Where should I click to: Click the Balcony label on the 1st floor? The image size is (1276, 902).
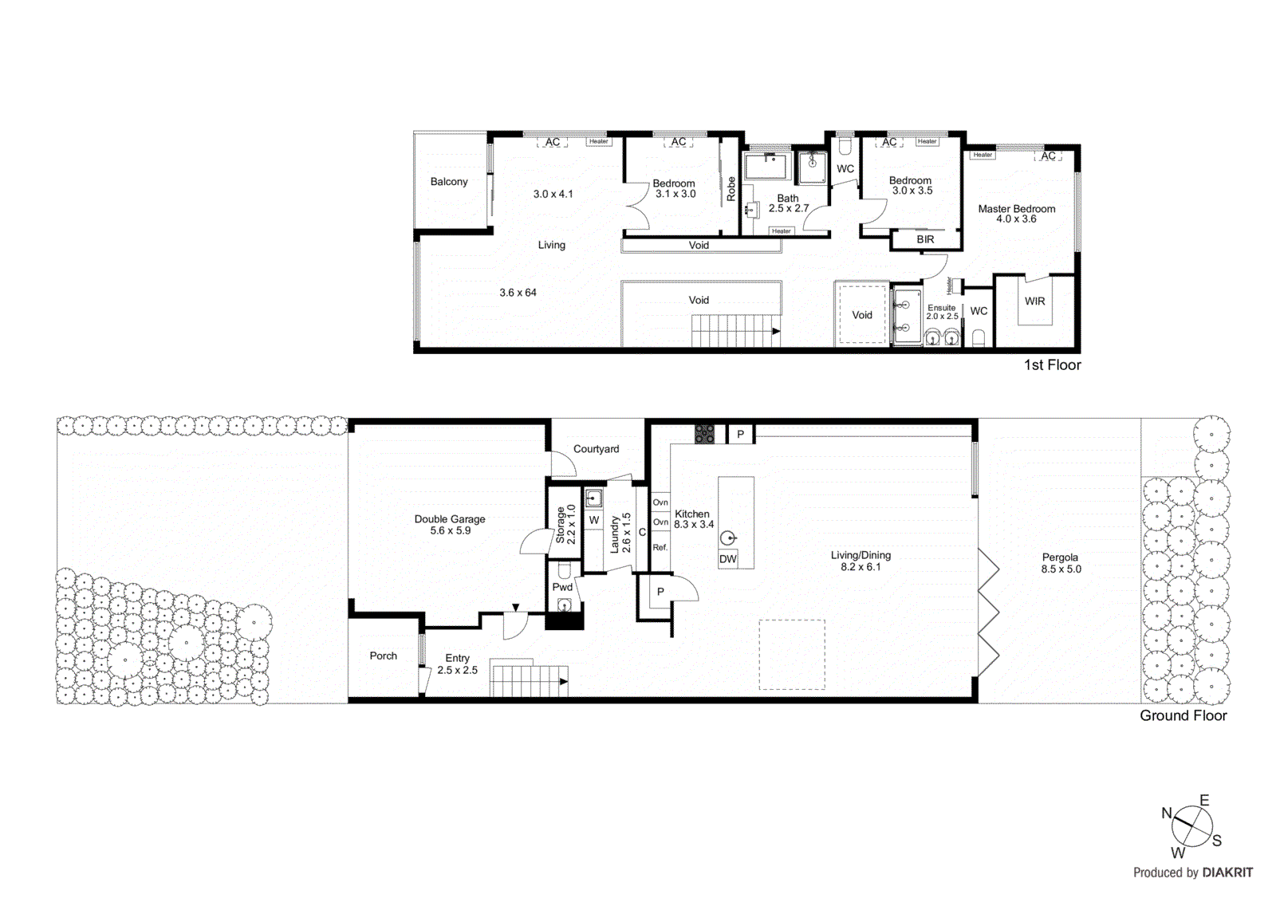(x=449, y=182)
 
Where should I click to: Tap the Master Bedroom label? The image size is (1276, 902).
(x=1016, y=213)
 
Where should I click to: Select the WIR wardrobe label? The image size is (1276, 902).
(x=1034, y=301)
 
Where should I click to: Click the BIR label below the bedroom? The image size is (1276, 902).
(x=925, y=239)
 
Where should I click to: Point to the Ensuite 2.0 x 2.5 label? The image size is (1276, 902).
(x=942, y=312)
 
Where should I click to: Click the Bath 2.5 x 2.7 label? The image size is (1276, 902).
(x=788, y=203)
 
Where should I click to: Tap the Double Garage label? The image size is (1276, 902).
(x=450, y=525)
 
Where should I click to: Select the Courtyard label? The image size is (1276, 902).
(x=596, y=449)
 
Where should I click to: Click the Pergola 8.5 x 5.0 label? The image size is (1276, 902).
(x=1060, y=563)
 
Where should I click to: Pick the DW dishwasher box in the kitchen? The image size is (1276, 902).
(x=728, y=559)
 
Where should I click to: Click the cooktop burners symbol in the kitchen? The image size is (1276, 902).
(x=704, y=434)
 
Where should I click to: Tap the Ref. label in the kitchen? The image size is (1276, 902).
(x=660, y=548)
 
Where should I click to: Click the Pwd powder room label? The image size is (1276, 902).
(x=562, y=587)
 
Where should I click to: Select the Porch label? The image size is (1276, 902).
(x=383, y=656)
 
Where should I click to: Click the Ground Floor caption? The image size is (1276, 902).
(x=1183, y=715)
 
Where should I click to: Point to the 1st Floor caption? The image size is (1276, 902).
(x=1052, y=365)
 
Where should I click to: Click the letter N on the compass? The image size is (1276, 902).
(x=1167, y=813)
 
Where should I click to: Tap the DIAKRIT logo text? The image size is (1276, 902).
(x=1227, y=872)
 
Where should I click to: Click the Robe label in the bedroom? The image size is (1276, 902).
(x=731, y=189)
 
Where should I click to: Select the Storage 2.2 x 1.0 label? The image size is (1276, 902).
(x=565, y=524)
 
